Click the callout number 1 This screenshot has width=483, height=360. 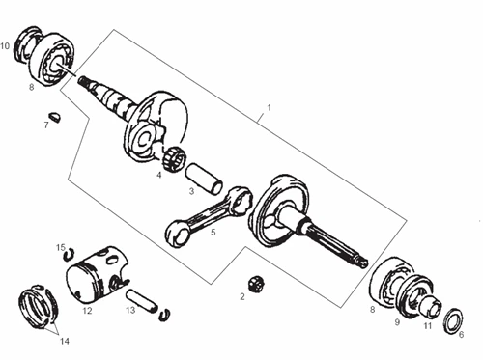click(x=269, y=107)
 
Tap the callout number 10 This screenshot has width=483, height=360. click(x=6, y=44)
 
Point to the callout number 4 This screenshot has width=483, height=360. click(x=158, y=175)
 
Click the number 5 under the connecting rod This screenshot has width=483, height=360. click(x=213, y=232)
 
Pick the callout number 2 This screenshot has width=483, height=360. click(x=242, y=297)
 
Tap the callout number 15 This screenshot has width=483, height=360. click(x=60, y=247)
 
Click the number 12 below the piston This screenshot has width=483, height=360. click(x=87, y=311)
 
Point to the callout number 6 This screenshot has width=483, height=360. click(x=461, y=335)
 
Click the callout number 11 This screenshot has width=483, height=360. click(x=427, y=327)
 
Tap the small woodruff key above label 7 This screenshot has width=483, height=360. click(x=54, y=116)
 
